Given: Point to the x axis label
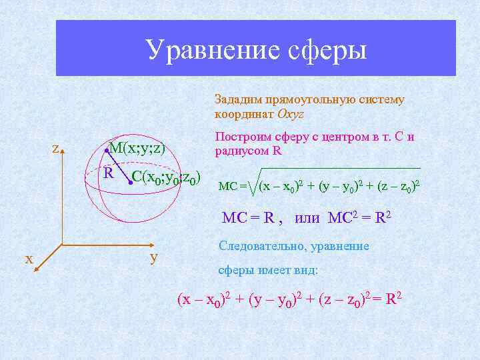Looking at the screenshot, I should pos(29,259).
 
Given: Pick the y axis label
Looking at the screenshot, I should pos(153,257).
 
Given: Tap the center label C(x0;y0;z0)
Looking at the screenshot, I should pos(167,177).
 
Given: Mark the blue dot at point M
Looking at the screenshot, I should pos(107,151).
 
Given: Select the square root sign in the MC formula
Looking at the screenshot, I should pos(253,182).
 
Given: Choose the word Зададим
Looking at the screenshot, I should pos(238,100).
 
